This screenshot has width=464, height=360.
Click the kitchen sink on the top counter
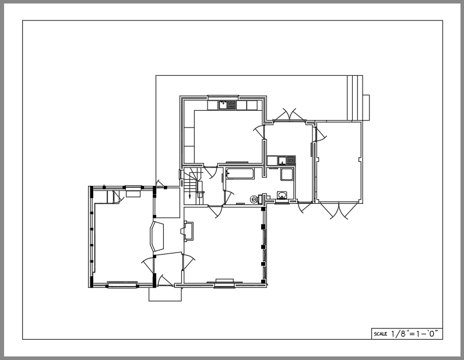pos(227,105)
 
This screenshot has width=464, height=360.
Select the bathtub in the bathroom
pos(240,174)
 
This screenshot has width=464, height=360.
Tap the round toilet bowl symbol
pos(254,200)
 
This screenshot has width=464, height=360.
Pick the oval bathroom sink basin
pos(282,195)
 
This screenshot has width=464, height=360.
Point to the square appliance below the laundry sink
pos(287,174)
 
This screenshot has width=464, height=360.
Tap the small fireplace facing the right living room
pos(187,231)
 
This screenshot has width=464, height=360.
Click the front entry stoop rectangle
pos(165,294)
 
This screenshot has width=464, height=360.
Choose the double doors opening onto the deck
pos(289,115)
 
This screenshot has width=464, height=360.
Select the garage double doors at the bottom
pos(339,211)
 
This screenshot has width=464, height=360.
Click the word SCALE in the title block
pos(380,334)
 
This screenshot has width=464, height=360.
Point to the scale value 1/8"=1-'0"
pos(414,334)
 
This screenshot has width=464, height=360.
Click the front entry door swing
pos(164,280)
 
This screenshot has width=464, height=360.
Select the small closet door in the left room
pos(117,197)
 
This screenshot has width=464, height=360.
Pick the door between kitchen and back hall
pos(259,131)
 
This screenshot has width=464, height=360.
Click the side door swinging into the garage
pos(321,135)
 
